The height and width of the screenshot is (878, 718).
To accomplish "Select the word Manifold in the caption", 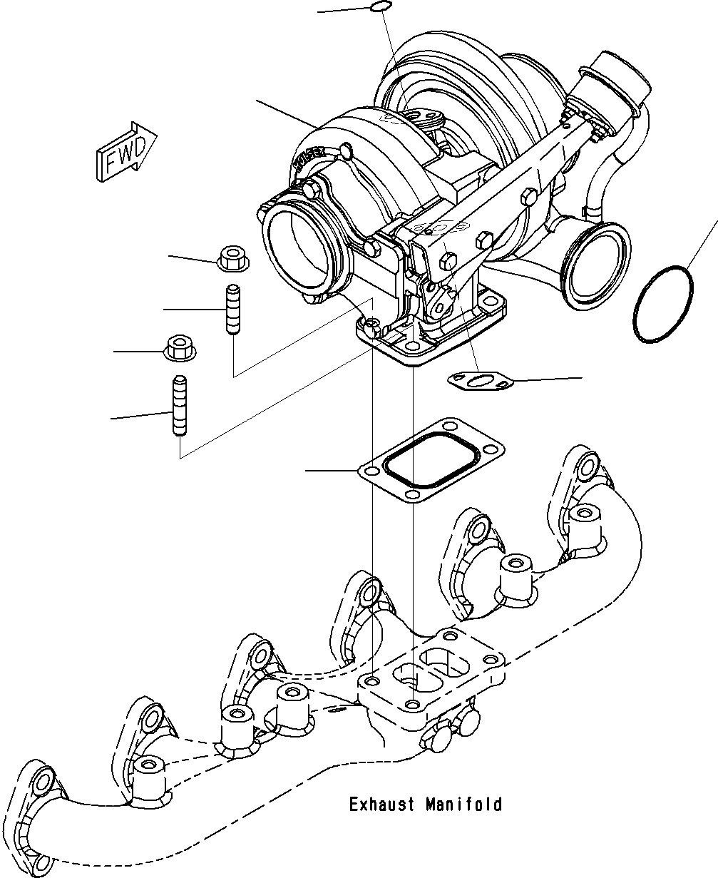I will click(x=464, y=805).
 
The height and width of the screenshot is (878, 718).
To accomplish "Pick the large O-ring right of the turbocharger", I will click(x=662, y=304).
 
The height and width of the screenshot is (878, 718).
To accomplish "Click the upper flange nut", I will click(x=232, y=257).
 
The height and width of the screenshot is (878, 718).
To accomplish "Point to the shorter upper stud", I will click(x=232, y=310).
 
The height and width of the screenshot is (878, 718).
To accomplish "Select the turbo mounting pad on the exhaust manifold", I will click(x=432, y=670).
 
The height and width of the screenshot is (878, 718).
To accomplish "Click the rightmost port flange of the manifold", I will click(x=585, y=468).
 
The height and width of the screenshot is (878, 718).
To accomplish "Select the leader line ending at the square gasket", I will click(x=332, y=471).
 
